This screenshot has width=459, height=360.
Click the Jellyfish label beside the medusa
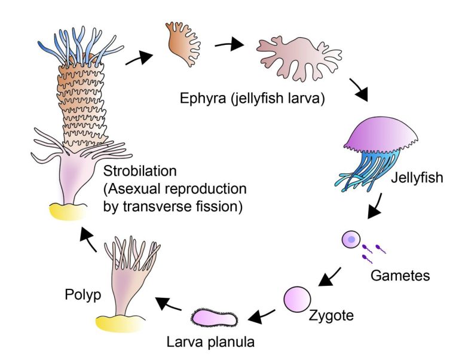tap(418, 178)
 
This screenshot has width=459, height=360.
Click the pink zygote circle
tap(298, 299)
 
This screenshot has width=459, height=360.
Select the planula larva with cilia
tap(215, 318)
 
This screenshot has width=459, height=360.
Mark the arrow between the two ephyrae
tap(229, 44)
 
